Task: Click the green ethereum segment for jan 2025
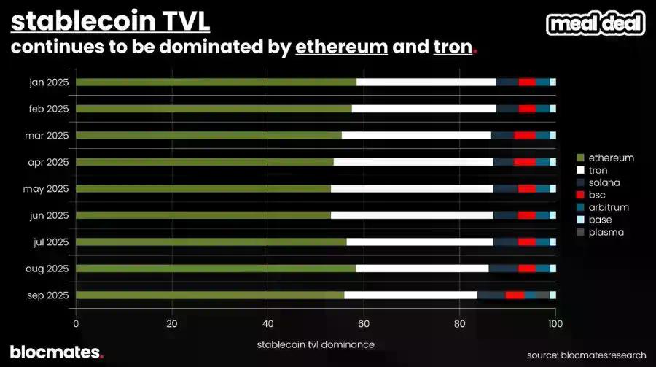pos(216,82)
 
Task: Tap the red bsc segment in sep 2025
pos(515,295)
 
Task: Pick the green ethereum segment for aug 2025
pos(216,269)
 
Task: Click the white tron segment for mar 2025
pos(415,136)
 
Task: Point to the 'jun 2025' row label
pos(49,215)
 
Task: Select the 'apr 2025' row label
pos(49,162)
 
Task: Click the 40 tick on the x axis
pos(268,324)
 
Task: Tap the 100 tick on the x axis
pos(555,324)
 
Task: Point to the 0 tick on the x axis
pos(76,324)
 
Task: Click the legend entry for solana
pos(604,182)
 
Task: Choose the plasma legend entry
pos(606,232)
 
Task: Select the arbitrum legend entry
pos(608,207)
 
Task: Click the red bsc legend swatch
pos(580,195)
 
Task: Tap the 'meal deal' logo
pos(596,23)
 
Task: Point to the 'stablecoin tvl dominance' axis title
pos(315,343)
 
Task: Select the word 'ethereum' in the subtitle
pos(341,48)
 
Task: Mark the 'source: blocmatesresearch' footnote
pos(586,355)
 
